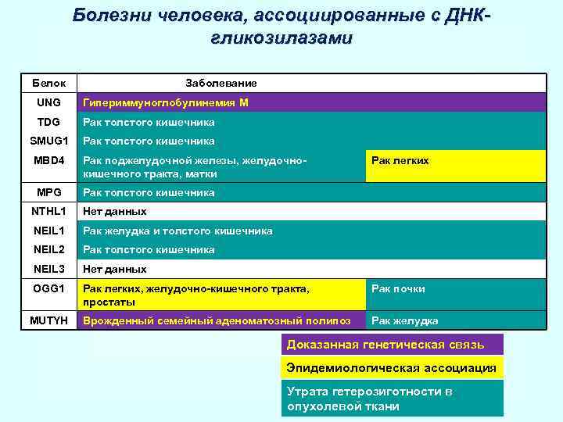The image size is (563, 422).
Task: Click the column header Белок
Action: (48, 83)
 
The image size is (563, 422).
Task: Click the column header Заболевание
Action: (221, 83)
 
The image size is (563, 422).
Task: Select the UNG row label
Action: (48, 102)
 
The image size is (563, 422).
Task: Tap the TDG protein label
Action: (48, 122)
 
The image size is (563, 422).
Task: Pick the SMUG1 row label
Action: (48, 141)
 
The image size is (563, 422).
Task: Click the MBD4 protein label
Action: (48, 160)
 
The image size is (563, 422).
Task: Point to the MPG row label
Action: (48, 192)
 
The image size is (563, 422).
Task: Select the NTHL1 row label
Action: (48, 211)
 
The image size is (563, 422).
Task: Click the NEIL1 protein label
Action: (48, 231)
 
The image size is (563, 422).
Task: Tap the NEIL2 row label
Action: (48, 249)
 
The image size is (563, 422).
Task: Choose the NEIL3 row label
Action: (48, 269)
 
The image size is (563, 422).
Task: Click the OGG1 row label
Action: (48, 288)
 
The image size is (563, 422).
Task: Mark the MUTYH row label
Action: (48, 320)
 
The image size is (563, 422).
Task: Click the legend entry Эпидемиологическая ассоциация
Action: (391, 368)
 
